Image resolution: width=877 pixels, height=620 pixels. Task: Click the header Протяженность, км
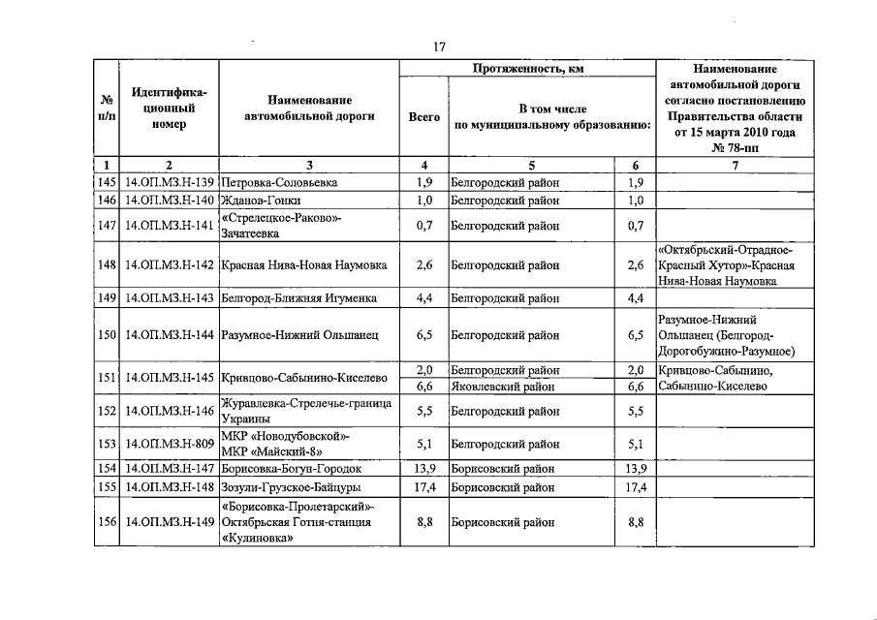tap(528, 70)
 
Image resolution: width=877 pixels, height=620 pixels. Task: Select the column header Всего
tap(423, 117)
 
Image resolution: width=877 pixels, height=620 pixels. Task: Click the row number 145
tap(106, 182)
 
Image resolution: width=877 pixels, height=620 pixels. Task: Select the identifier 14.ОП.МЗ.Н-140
tap(169, 201)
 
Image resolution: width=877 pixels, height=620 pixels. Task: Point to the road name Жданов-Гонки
tap(261, 201)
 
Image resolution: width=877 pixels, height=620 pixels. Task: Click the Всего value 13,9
tap(423, 468)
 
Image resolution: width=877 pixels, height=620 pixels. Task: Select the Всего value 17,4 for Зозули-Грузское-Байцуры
tap(423, 486)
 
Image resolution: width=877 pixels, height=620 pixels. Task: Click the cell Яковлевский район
tap(505, 386)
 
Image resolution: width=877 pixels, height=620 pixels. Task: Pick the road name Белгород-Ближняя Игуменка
tap(298, 298)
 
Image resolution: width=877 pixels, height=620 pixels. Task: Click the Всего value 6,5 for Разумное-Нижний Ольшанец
tap(423, 335)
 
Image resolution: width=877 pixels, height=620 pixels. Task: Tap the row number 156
tap(106, 522)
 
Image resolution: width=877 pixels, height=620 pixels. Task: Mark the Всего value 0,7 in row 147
tap(423, 226)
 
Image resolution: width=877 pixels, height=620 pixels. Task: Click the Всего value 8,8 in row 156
tap(423, 522)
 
